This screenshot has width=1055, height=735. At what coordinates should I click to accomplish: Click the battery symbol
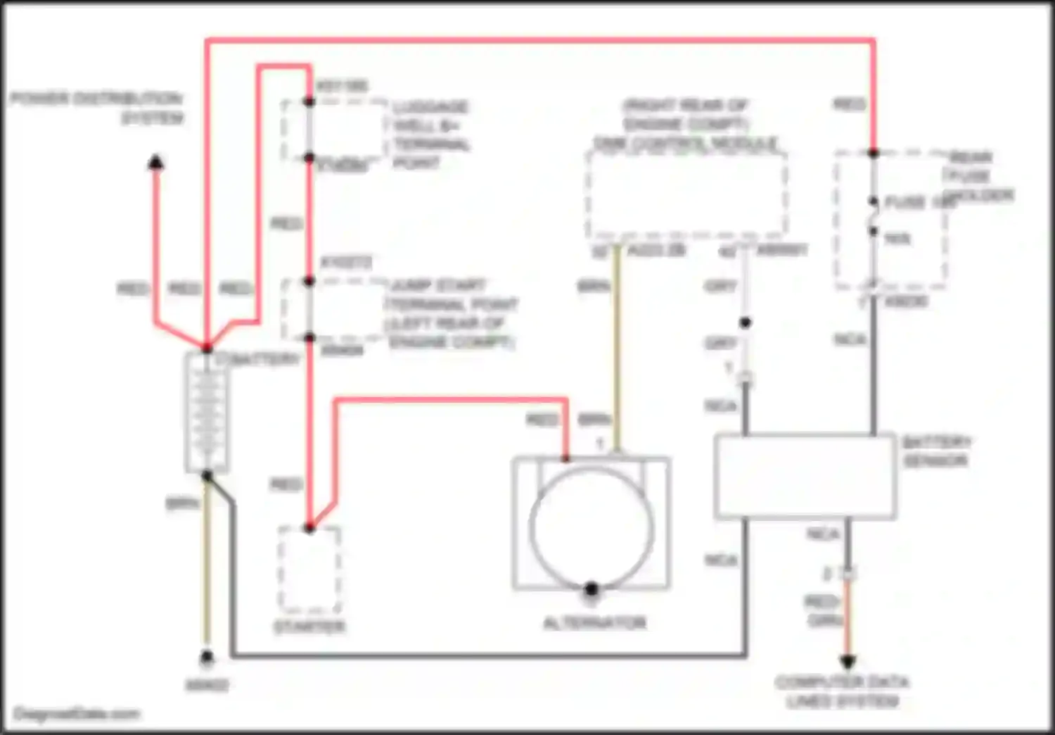[207, 413]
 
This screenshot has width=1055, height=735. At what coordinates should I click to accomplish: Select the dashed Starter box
[309, 570]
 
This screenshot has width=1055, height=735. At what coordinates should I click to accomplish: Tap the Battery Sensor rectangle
[805, 477]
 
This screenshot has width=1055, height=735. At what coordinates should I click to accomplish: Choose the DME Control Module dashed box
[686, 194]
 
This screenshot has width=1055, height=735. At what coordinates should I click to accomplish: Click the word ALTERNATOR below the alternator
[594, 623]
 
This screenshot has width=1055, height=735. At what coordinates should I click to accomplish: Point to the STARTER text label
[309, 627]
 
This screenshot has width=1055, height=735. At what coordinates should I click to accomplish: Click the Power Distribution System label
[97, 107]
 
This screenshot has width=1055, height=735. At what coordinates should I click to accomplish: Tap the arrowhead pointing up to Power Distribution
[155, 163]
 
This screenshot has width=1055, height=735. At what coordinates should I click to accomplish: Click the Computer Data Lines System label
[842, 691]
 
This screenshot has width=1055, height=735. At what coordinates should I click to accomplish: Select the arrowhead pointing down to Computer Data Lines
[848, 662]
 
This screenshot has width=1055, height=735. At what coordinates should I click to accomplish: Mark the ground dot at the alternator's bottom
[592, 589]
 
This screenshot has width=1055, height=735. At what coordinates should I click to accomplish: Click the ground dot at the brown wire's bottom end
[207, 658]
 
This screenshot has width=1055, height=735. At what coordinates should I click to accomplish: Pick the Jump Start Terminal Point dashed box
[333, 310]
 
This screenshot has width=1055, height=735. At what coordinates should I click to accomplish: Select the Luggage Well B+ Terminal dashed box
[335, 130]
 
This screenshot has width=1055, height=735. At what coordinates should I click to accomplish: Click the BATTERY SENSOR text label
[935, 451]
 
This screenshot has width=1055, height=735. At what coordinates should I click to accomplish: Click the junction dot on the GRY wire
[745, 322]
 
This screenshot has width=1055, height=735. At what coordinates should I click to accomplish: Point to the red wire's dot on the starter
[309, 527]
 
